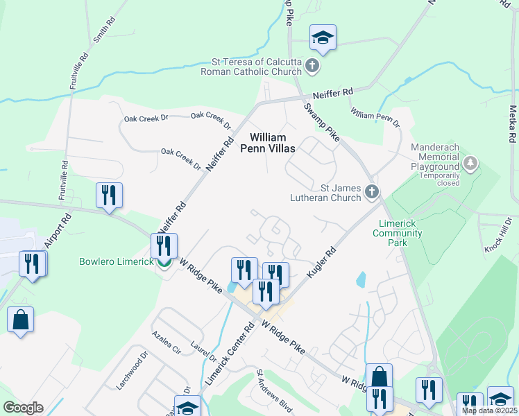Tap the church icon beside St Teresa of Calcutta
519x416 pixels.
point(312,67)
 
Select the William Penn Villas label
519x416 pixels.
point(268,144)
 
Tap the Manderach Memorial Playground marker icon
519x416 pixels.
point(471,164)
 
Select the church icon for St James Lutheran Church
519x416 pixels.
point(371,191)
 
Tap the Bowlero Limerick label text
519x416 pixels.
point(116,262)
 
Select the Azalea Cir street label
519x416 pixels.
point(166,342)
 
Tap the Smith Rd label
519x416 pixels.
point(101,28)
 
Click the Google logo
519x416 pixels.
point(23,408)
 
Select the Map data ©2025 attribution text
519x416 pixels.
point(489,410)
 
